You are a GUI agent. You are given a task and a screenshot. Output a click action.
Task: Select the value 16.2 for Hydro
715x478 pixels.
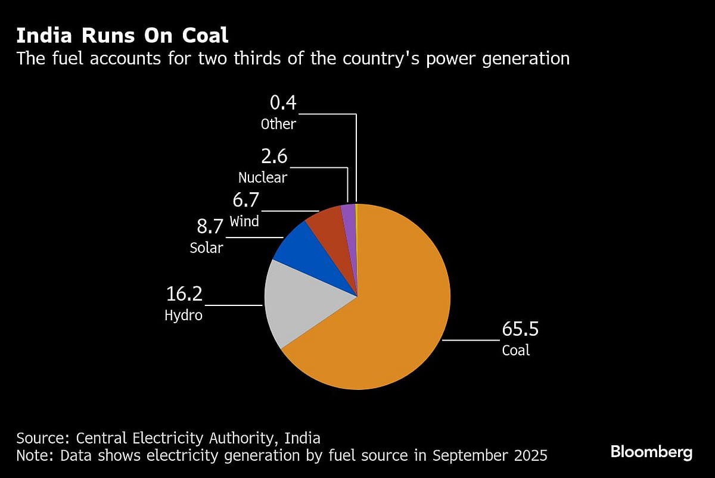pyautogui.click(x=184, y=294)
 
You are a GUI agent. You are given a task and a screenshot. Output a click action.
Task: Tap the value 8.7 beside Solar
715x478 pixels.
pyautogui.click(x=210, y=227)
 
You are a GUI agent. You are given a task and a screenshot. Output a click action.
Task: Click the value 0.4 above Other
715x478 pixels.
pyautogui.click(x=282, y=104)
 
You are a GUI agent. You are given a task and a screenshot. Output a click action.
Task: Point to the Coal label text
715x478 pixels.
pyautogui.click(x=515, y=351)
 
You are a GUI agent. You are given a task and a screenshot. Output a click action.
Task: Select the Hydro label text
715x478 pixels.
pyautogui.click(x=184, y=315)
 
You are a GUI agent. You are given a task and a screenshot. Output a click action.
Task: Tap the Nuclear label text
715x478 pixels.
pyautogui.click(x=263, y=177)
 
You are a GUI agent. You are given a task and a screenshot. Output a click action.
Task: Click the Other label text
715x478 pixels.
pyautogui.click(x=278, y=124)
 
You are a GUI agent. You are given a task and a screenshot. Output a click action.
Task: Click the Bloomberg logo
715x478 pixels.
pyautogui.click(x=651, y=452)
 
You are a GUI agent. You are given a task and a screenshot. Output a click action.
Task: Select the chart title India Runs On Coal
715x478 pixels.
pyautogui.click(x=122, y=36)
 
